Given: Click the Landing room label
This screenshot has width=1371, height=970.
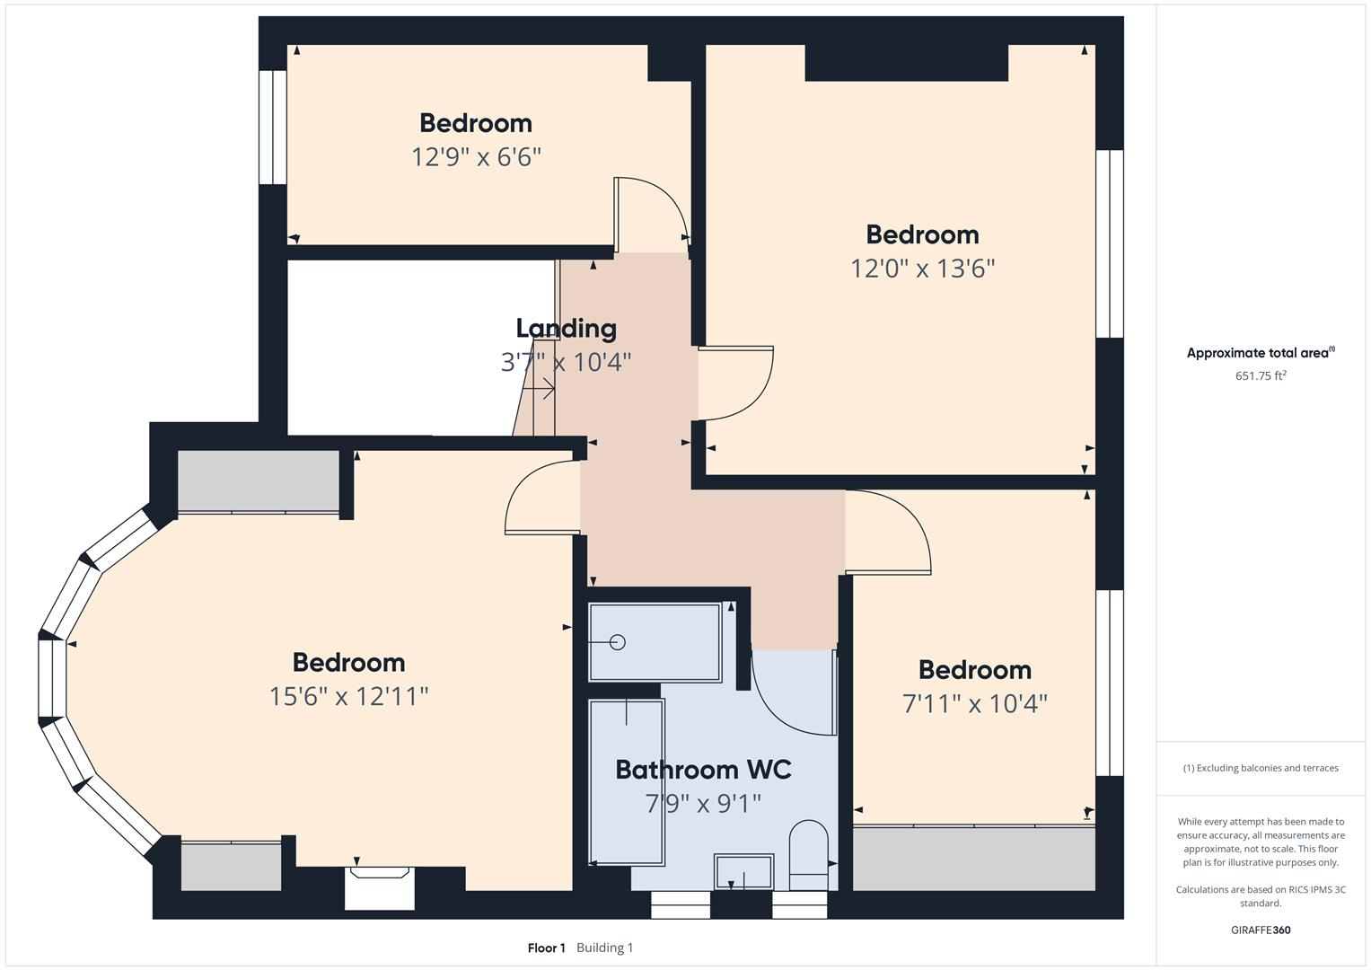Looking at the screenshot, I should pos(566,329).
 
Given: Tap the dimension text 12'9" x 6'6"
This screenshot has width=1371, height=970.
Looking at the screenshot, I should pos(476,157).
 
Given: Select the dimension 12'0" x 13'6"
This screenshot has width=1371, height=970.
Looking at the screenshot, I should pos(922,269).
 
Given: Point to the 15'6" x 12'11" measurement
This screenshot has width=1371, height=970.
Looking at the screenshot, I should pos(348,696).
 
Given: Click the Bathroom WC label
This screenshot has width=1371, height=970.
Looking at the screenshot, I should pos(703,770).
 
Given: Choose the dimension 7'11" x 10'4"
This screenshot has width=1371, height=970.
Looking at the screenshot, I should pos(974,703).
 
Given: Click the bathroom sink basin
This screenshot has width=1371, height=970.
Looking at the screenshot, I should pos(743,871).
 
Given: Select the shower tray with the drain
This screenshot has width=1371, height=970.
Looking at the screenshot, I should pos(655,642).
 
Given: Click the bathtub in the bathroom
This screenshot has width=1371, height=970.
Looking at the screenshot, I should pos(626,781).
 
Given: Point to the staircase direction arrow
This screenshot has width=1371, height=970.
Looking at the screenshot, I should pos(539,390).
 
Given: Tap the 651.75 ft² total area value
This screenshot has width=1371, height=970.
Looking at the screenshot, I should pos(1260,376).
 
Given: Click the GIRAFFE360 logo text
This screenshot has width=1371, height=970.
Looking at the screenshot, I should pos(1260,930).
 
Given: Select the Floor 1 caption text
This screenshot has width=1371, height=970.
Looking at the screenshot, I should pos(546,948).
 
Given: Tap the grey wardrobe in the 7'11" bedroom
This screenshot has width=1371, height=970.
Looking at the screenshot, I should pos(973,859).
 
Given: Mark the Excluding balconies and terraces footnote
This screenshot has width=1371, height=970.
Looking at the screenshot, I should pos(1260,768).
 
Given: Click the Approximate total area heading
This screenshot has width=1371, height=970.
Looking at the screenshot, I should pos(1260,353).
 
